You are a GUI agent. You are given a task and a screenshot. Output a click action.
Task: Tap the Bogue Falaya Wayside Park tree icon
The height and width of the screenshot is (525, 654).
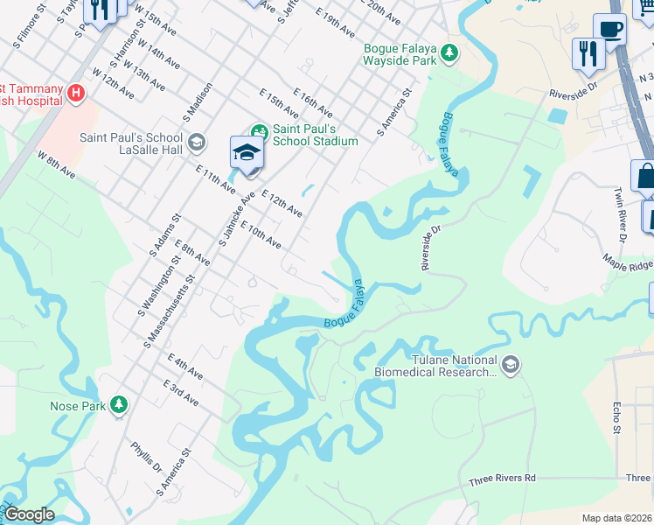pos(449,54)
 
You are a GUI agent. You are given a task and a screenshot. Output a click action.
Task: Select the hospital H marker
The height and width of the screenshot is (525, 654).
pos(76,92)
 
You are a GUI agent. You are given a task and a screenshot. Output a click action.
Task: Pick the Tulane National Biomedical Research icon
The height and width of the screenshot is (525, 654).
pos(511,364)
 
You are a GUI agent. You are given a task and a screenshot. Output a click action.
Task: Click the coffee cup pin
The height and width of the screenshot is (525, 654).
pos(610,30)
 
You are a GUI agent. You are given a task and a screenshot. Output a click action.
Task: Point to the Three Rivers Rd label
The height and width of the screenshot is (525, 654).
pos(502,479)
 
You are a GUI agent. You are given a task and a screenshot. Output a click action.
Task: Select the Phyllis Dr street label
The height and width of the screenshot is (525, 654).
pos(146,456)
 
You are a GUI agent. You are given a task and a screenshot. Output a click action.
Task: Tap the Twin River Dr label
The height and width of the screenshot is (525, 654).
pos(620,213)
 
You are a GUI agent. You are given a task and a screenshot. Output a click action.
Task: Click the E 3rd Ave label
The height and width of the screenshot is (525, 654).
pos(180,393)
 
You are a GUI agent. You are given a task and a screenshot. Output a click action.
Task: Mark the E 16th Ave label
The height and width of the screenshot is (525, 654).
pos(313,101)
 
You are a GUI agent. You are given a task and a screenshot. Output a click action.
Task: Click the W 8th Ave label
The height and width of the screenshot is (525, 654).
pos(53,164)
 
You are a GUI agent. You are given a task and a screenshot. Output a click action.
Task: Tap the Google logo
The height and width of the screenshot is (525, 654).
pos(30,514)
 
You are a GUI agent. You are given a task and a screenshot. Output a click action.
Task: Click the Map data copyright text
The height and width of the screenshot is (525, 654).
pos(616,518)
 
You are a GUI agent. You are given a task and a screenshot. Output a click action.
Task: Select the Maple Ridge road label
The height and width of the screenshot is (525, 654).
pos(627,261)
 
